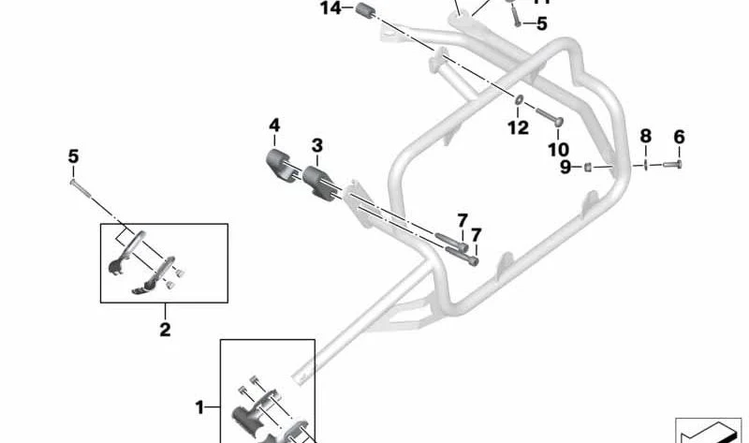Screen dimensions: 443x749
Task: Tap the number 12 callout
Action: coord(518,128)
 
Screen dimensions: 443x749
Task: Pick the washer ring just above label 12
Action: coord(518,98)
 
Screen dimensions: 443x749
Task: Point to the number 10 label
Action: coord(557,149)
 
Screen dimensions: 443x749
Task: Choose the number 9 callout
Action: coord(565,167)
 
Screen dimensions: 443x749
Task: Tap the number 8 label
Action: coord(645,137)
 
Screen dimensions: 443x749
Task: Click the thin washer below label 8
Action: coord(646,165)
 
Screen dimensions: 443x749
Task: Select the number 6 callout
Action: coord(680,137)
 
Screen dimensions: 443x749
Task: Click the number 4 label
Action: coord(274,126)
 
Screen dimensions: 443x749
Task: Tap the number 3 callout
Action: coord(317,145)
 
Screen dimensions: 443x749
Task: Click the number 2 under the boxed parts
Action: coord(165,329)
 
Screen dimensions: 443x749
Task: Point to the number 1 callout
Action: coord(198,406)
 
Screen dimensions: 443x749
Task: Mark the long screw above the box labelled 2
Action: coord(80,185)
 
